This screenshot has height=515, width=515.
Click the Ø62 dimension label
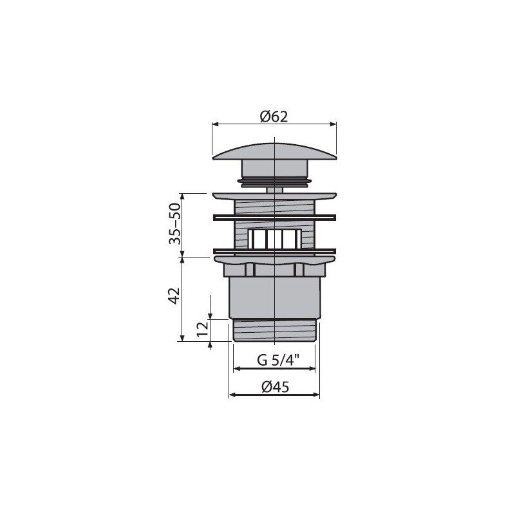tap(274, 117)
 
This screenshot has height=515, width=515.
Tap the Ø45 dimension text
tap(276, 388)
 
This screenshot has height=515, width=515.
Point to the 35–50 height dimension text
tap(174, 223)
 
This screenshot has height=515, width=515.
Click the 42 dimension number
tap(174, 295)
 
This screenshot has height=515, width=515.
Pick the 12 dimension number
tap(203, 329)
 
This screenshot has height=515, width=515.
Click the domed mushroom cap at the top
tap(275, 151)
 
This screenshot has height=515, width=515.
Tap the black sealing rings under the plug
tap(274, 183)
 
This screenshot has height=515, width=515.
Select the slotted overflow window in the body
tap(275, 238)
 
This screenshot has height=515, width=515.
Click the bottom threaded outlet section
tap(274, 331)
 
